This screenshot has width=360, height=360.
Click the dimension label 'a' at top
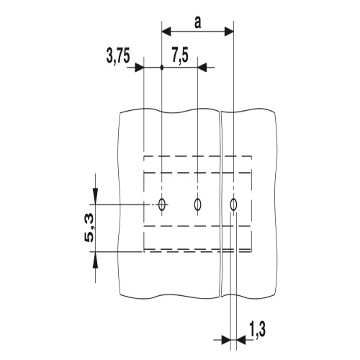pos(197,23)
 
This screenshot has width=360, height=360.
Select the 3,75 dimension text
pos(118,56)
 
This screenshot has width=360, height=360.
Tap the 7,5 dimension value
pos(180,56)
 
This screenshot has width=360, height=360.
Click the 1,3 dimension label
pos(258,329)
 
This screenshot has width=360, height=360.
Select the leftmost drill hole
pos(162,204)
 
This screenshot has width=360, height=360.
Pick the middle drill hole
pos(197,204)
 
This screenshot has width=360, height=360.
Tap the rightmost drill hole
pos(233,204)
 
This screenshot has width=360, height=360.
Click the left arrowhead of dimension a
pos(166,31)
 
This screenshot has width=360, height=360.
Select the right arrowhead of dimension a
pos(229,31)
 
